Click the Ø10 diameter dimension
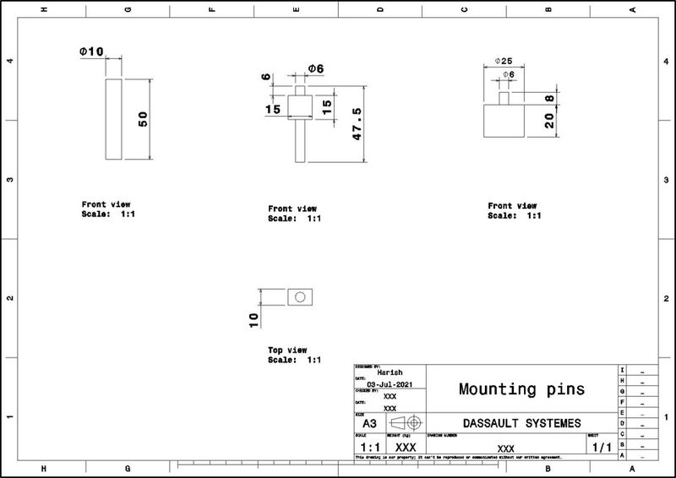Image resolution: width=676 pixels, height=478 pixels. click(91, 52)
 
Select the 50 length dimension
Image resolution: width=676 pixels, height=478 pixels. click(143, 120)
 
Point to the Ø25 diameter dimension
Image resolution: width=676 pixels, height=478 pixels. click(504, 62)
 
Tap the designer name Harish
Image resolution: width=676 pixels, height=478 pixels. click(390, 372)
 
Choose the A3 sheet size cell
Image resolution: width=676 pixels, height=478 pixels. click(369, 422)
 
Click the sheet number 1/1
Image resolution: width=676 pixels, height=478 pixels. click(601, 446)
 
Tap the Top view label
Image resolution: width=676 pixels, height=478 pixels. click(288, 350)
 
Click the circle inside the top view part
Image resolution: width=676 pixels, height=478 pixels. click(298, 297)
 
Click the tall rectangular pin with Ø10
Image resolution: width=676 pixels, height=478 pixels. click(113, 120)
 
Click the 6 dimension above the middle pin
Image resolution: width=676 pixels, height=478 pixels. click(267, 78)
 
